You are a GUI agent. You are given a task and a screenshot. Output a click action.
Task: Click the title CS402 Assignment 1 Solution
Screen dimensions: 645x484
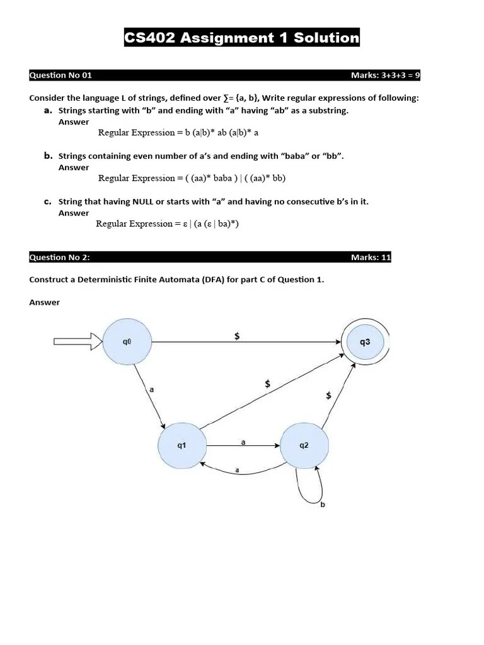(x=242, y=38)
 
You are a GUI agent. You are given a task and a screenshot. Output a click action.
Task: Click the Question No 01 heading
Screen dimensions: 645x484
(x=60, y=76)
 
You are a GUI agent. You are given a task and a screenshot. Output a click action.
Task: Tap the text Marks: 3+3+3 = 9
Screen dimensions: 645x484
(x=385, y=76)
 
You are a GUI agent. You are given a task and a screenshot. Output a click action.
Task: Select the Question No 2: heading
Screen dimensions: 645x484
(x=63, y=258)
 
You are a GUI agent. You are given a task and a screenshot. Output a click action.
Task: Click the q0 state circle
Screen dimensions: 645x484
(x=127, y=342)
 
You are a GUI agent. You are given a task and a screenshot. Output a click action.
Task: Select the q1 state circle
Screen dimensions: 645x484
(x=181, y=445)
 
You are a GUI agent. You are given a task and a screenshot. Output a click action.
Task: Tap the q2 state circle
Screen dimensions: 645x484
(x=304, y=445)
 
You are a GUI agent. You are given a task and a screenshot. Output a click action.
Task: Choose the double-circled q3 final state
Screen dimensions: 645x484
(x=365, y=342)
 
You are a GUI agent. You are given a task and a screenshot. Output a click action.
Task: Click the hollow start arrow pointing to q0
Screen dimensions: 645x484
(x=76, y=342)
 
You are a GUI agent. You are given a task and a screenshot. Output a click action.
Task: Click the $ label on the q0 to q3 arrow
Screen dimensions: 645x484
(x=237, y=336)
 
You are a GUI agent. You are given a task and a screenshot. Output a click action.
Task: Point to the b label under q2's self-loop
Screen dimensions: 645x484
(x=323, y=505)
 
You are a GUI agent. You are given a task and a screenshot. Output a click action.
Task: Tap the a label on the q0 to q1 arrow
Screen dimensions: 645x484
(x=151, y=390)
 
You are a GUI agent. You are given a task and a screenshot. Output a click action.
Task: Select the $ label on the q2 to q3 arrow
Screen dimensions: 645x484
(x=328, y=396)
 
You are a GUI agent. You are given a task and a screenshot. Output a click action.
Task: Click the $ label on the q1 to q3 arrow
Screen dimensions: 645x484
(x=268, y=384)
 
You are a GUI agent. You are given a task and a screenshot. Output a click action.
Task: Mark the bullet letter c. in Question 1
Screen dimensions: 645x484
(x=47, y=202)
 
